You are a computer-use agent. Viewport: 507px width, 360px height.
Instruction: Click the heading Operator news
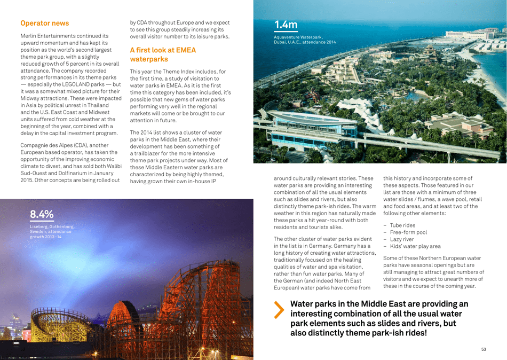point(44,23)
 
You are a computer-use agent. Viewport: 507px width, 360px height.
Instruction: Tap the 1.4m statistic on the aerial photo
point(286,25)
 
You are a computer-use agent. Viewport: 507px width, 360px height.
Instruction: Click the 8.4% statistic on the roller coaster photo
point(42,214)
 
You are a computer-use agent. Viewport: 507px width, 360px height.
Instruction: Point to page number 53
point(483,349)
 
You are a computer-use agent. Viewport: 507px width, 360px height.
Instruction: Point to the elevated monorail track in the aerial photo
point(374,150)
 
